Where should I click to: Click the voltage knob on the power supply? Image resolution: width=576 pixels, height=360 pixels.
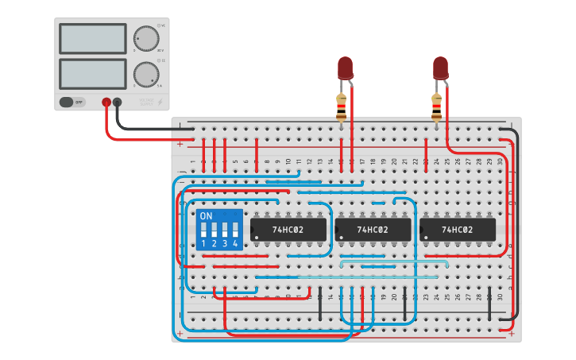pos(145,38)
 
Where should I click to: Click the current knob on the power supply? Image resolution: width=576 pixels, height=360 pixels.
pos(145,74)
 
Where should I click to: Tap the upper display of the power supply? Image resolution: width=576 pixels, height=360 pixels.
pos(93,38)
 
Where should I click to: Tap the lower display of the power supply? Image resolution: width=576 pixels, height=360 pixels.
pos(93,74)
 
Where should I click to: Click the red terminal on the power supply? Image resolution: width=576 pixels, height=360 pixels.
pos(106,102)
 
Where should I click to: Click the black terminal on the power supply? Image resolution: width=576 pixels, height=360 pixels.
pos(118,102)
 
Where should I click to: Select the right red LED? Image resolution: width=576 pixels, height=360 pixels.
pos(440,68)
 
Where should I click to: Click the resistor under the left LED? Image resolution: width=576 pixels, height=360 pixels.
pos(342,106)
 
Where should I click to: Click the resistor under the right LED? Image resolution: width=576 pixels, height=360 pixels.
pos(436,106)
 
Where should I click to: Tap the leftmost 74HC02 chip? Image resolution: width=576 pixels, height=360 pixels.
pos(288,230)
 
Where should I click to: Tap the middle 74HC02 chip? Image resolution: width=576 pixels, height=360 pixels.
pos(372,230)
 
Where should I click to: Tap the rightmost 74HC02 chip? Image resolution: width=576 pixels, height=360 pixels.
pos(457,230)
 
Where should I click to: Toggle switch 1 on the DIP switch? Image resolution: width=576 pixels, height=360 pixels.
pos(204,230)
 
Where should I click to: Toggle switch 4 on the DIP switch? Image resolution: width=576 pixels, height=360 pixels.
pos(235,230)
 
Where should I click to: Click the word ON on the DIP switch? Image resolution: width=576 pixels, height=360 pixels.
pos(206,216)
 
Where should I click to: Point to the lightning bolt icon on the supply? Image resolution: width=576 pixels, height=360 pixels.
pos(161,102)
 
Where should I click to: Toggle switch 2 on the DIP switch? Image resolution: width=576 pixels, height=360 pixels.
pos(215,230)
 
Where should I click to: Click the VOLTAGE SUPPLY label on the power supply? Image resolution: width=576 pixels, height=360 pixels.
pos(146,102)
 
